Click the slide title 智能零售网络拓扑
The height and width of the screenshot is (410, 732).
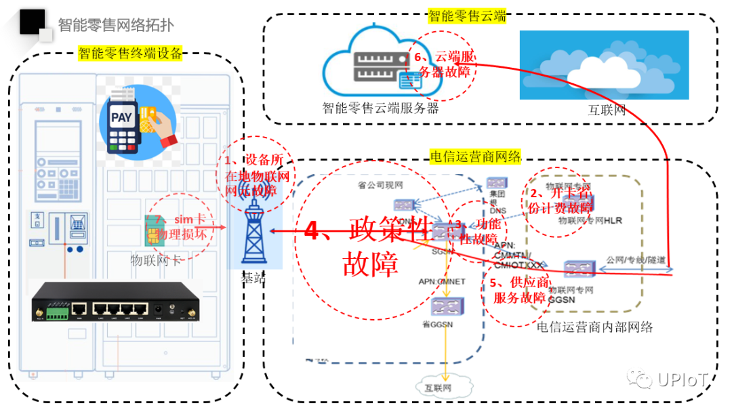(115, 25)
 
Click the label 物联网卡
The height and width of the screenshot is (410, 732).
(155, 260)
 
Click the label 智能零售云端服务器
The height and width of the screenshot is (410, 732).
(380, 108)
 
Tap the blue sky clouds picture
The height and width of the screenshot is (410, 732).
(604, 65)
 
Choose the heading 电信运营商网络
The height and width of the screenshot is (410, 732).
(475, 157)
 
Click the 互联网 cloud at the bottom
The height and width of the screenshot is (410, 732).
(438, 388)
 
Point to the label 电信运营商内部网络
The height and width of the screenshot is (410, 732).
(594, 327)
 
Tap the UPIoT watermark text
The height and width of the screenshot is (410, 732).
(682, 380)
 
